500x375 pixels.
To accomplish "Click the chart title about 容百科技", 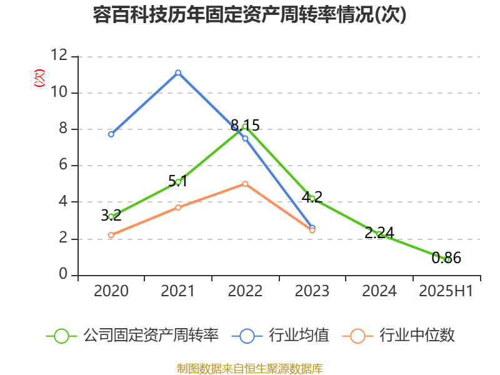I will (249, 15).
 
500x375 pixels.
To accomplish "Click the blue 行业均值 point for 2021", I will (178, 72).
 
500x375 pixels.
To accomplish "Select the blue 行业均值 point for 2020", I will (111, 134).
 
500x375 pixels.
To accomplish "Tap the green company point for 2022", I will (245, 127).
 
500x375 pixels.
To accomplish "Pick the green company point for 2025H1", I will (447, 259).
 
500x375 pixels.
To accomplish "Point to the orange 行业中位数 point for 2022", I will (245, 184).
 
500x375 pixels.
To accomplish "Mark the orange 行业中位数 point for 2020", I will (111, 236).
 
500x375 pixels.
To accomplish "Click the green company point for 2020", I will (111, 216).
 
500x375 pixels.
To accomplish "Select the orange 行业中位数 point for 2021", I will (178, 207).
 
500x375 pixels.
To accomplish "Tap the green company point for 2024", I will (379, 234).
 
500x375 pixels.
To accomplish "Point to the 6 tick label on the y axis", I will (62, 166).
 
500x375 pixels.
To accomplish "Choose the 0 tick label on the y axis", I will (62, 275).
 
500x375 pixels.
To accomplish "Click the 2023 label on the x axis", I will (312, 291).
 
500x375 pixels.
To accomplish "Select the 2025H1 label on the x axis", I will (446, 291).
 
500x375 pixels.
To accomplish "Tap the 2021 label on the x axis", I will (178, 291).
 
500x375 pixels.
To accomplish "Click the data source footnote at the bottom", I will (249, 368).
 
